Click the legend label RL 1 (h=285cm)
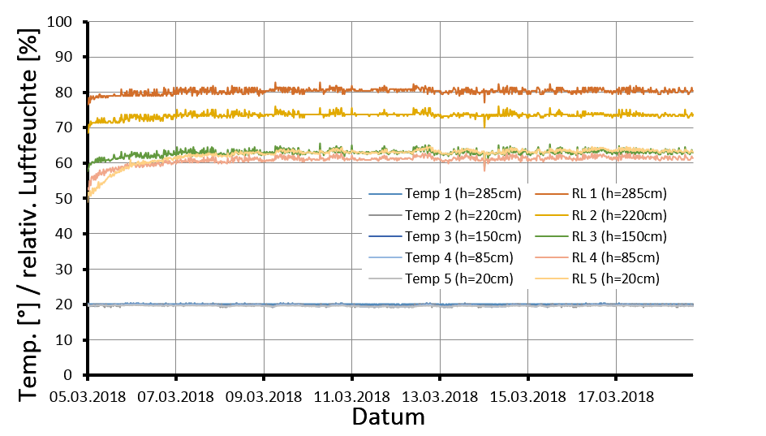point(619,194)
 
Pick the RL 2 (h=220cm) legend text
point(619,215)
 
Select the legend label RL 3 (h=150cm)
point(619,236)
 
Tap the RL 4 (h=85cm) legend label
point(616,257)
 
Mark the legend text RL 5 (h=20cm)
point(616,278)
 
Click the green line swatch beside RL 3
point(550,237)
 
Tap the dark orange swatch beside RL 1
point(550,195)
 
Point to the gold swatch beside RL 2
point(550,216)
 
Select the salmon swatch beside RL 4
point(550,258)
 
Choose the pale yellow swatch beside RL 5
point(550,279)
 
